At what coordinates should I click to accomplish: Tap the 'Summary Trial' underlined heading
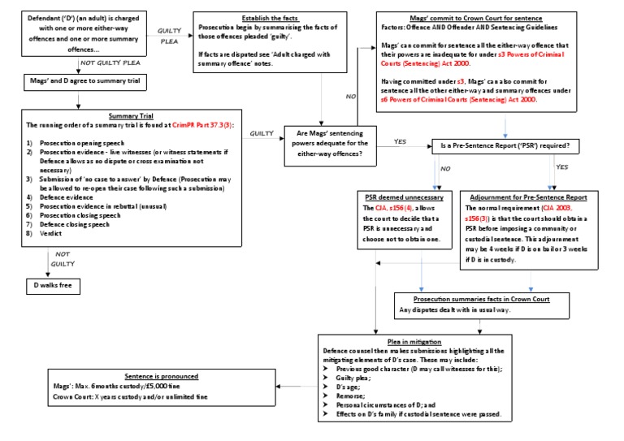[131, 115]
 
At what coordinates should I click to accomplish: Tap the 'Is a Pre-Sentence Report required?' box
[505, 147]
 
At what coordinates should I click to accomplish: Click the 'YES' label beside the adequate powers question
[400, 142]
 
